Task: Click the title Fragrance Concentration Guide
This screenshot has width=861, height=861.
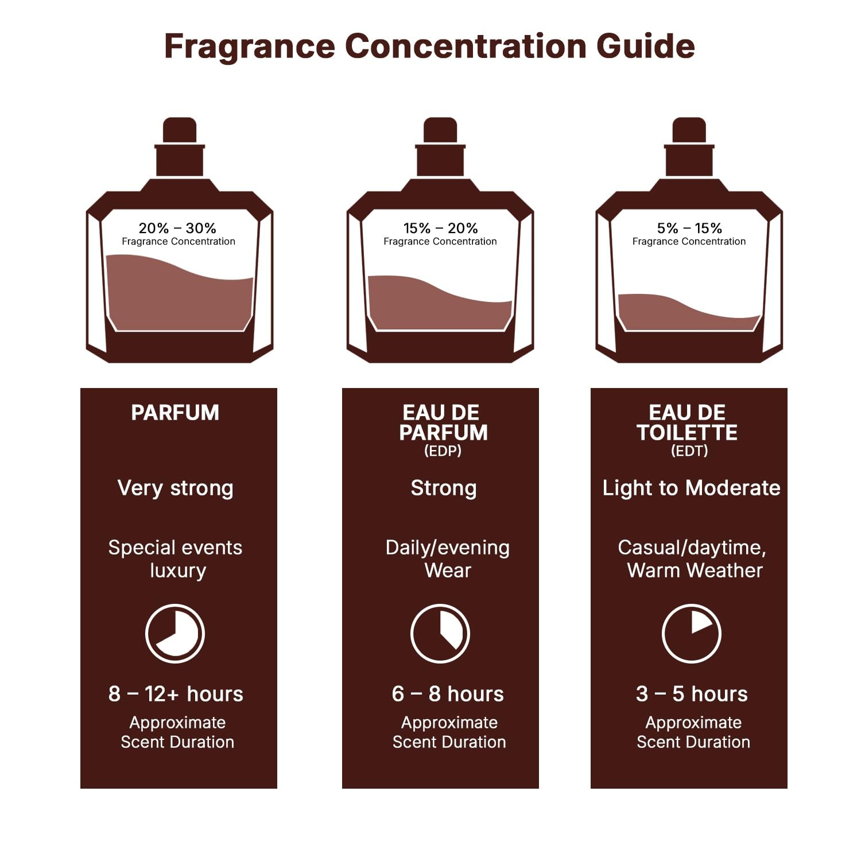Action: click(429, 46)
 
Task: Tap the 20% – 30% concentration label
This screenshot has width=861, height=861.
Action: click(177, 228)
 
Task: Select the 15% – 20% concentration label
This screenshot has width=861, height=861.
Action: click(440, 228)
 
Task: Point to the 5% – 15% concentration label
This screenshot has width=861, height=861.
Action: click(689, 228)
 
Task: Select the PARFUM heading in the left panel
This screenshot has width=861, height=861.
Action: click(175, 413)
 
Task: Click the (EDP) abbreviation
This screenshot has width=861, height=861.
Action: click(443, 451)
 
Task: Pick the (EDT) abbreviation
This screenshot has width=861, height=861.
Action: click(689, 451)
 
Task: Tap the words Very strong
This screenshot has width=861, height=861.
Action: click(175, 488)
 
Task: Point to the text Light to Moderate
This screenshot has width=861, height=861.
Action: click(691, 488)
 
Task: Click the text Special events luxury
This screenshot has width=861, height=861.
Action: click(176, 559)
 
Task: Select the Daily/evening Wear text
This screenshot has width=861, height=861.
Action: click(447, 559)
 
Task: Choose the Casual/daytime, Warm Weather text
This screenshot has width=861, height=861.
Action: click(692, 559)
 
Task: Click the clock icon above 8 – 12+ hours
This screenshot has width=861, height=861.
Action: click(175, 633)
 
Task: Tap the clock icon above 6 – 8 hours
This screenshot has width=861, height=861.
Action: click(440, 633)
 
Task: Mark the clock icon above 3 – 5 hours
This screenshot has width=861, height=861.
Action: click(691, 633)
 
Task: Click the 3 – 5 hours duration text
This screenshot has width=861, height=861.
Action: click(692, 694)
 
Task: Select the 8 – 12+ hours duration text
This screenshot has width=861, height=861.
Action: click(176, 694)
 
